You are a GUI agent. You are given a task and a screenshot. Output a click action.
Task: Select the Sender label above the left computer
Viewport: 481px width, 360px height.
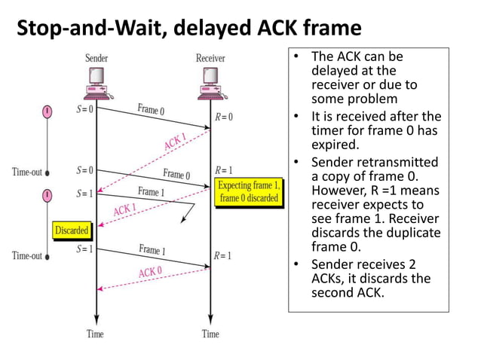pos(97,58)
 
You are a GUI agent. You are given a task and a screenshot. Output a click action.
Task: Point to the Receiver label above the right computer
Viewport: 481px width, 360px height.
pos(210,58)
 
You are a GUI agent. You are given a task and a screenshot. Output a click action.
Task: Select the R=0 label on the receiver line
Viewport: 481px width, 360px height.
pos(224,117)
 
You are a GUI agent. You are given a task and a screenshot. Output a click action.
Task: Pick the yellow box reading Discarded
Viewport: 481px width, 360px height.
pos(72,230)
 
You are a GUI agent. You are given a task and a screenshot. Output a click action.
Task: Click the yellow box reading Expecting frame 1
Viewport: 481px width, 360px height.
pos(249,191)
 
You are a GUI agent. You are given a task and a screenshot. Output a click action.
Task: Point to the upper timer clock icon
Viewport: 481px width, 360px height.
pos(47,112)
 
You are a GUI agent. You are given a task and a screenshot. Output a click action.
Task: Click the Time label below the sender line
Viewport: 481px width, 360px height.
pos(96,334)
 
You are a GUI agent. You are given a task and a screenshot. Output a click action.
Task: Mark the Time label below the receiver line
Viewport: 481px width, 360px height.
pos(210,334)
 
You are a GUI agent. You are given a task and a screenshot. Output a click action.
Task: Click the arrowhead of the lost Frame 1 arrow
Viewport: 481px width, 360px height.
pos(182,221)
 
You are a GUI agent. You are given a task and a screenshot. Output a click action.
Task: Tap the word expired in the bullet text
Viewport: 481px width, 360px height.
pos(332,145)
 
